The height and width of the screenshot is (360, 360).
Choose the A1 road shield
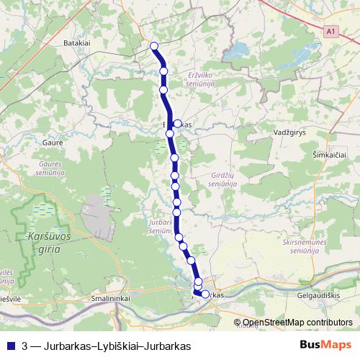pyautogui.click(x=330, y=32)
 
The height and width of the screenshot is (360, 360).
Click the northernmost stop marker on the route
pyautogui.click(x=154, y=46)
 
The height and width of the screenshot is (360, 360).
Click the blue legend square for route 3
pyautogui.click(x=10, y=346)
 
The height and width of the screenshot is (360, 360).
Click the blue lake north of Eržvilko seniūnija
pyautogui.click(x=235, y=52)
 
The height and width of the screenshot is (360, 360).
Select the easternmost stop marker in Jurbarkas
pyautogui.click(x=205, y=294)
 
